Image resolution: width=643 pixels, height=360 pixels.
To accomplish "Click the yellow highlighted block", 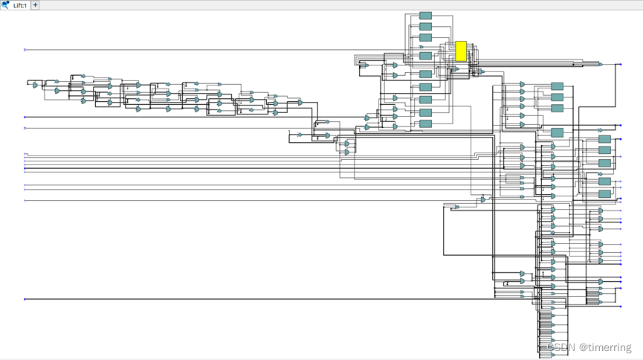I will tap(461, 51).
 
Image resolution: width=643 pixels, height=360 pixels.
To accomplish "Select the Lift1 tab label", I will tap(20, 5).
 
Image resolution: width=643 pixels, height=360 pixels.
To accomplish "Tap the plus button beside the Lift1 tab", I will tap(35, 5).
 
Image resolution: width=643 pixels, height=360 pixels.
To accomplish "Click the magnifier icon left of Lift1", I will tap(5, 5).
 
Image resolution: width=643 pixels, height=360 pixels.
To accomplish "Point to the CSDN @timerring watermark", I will tap(589, 347).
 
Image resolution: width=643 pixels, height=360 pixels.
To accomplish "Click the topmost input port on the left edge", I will tap(25, 50).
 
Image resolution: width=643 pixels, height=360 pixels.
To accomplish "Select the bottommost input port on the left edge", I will tap(25, 299).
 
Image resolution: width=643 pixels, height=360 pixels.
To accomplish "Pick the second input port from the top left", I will tap(25, 117).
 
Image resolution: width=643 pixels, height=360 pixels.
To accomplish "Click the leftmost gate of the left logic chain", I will tap(35, 86).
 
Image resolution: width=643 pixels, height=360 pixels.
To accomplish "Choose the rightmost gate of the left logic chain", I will tap(300, 103).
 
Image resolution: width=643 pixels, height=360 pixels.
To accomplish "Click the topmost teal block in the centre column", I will tap(425, 16).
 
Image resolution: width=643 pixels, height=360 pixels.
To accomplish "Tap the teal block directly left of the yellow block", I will tap(425, 56).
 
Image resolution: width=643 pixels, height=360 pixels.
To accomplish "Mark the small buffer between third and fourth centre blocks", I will tap(421, 47).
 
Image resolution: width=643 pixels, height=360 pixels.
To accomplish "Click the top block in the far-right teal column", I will tap(604, 139).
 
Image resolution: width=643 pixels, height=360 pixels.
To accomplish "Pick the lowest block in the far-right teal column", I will tap(604, 194).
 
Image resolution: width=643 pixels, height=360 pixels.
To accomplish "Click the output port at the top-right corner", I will tap(621, 65).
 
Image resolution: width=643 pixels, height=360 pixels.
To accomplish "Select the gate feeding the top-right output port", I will tap(601, 65).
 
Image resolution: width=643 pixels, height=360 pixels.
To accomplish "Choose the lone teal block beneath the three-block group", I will tap(557, 132).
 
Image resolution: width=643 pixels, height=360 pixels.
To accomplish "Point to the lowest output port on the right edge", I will tap(621, 306).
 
